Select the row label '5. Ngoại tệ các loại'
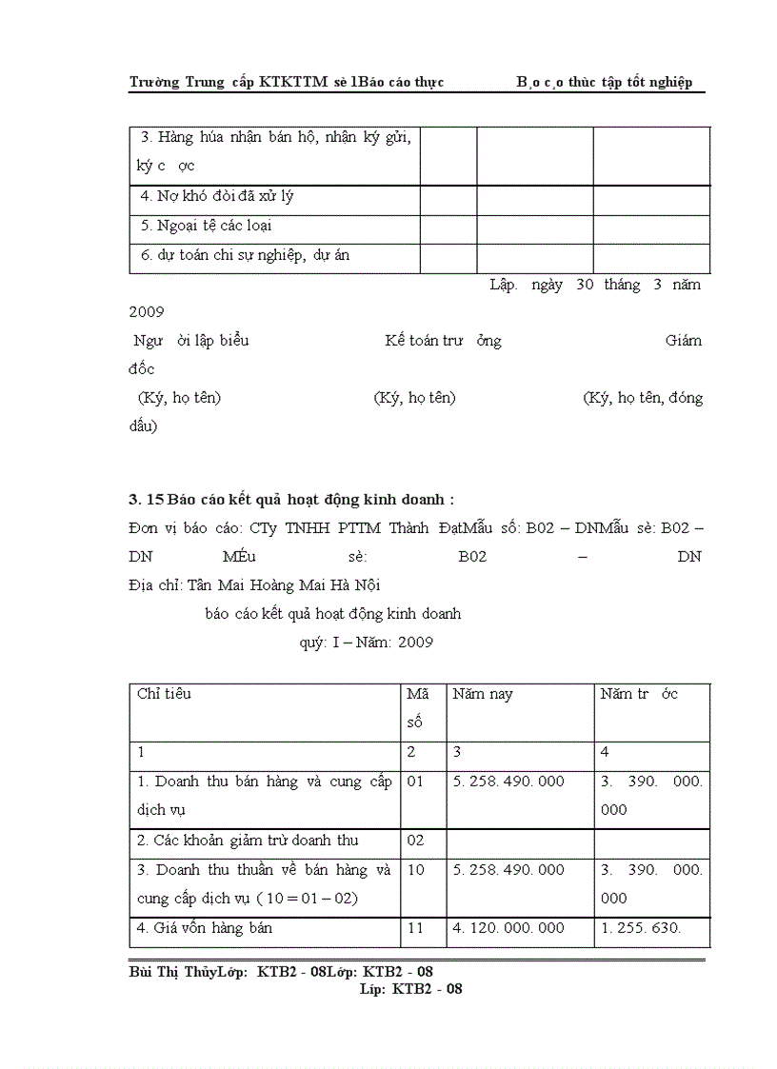pos(206,227)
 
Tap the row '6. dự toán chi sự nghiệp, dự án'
pos(247,255)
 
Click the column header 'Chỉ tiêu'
pos(164,694)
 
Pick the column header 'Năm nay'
pos(482,695)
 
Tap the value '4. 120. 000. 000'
pos(508,928)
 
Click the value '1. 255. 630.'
pos(641,928)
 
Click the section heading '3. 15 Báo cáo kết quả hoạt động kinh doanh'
pos(291,499)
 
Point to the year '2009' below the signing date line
pos(147,311)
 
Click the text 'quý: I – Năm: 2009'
pos(367,643)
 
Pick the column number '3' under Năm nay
pos(457,753)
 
